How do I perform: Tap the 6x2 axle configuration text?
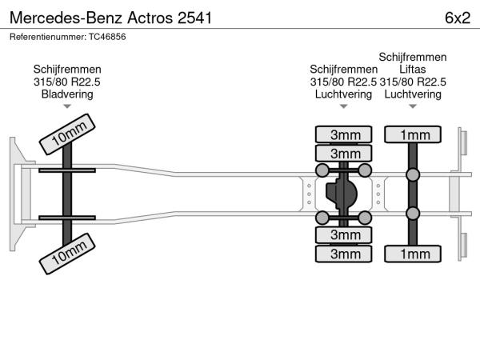(x=457, y=18)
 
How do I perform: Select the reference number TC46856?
(x=68, y=37)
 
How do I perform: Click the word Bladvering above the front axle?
(x=67, y=94)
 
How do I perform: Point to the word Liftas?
(x=413, y=70)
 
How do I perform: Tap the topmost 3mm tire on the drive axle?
(x=345, y=134)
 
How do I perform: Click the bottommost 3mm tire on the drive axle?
(x=345, y=254)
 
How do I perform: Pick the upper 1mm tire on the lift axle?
(x=414, y=134)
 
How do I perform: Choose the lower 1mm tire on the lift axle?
(x=414, y=254)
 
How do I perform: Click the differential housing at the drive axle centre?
(x=343, y=194)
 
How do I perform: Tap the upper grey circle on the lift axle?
(x=414, y=175)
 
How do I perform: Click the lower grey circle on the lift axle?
(x=414, y=213)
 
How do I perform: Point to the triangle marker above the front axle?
(x=67, y=106)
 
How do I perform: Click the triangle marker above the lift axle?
(x=413, y=106)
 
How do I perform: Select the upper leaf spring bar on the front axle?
(x=67, y=171)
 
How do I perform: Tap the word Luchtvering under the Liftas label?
(x=413, y=94)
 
